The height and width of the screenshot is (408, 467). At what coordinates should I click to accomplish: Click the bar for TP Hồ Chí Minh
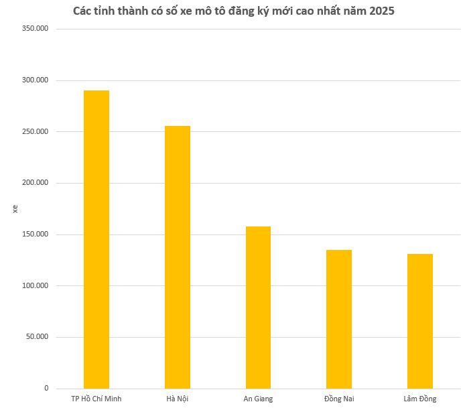coord(96,239)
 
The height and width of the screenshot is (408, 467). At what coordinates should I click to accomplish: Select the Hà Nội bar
coord(178,257)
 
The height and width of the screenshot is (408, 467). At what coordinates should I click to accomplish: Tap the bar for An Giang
coord(258,308)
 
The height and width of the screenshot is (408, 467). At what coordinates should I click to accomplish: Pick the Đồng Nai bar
coord(339,319)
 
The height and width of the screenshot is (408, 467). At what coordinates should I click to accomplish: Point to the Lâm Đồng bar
coord(420,321)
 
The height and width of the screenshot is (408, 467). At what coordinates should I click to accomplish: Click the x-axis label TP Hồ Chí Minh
coord(96,399)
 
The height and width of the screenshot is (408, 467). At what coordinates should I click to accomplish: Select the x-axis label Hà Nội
coord(178,399)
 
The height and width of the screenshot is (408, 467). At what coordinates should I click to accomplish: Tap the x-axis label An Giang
coord(258,399)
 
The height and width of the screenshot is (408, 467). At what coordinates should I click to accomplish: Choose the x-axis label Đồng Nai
coord(339,399)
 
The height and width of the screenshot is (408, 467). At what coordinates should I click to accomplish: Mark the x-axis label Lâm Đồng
coord(420,399)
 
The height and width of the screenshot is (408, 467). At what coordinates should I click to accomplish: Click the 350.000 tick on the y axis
coord(36,29)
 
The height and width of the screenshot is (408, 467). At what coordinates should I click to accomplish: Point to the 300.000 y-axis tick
coord(36,80)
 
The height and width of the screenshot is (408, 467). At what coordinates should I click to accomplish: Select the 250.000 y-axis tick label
coord(36,132)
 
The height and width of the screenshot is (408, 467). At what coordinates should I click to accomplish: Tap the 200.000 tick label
coord(36,183)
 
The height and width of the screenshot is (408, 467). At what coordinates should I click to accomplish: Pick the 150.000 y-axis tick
coord(36,234)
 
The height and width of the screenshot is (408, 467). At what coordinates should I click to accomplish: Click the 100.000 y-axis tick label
coord(36,286)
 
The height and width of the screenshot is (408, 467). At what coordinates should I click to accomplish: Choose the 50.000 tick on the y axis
coord(38,337)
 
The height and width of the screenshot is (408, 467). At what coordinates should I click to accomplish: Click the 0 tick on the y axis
coord(46,389)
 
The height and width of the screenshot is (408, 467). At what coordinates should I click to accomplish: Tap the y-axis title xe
coord(15,209)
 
